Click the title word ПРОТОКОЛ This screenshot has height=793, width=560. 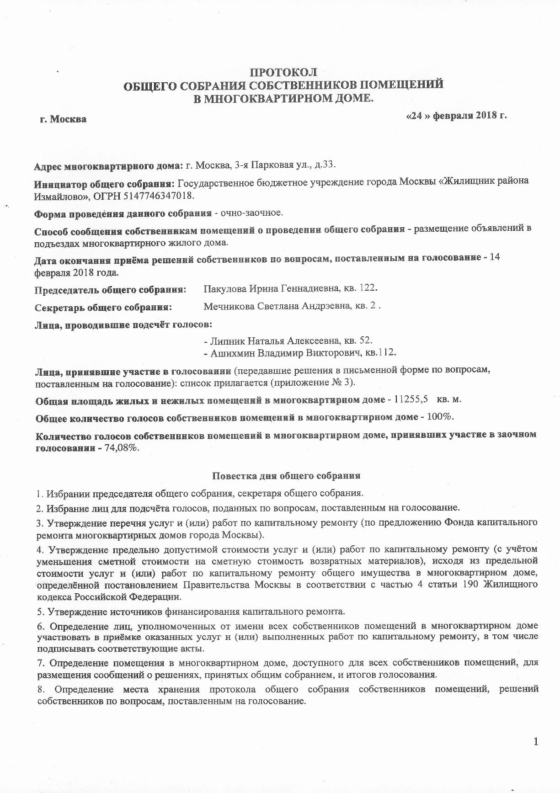pyautogui.click(x=283, y=72)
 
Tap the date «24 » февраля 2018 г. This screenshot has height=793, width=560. pyautogui.click(x=456, y=115)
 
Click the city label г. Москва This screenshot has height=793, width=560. pyautogui.click(x=63, y=119)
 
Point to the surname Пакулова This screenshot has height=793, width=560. pyautogui.click(x=224, y=288)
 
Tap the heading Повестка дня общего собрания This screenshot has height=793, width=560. pyautogui.click(x=286, y=475)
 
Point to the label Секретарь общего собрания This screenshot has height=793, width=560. pyautogui.click(x=103, y=307)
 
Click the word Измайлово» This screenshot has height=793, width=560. pyautogui.click(x=60, y=196)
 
